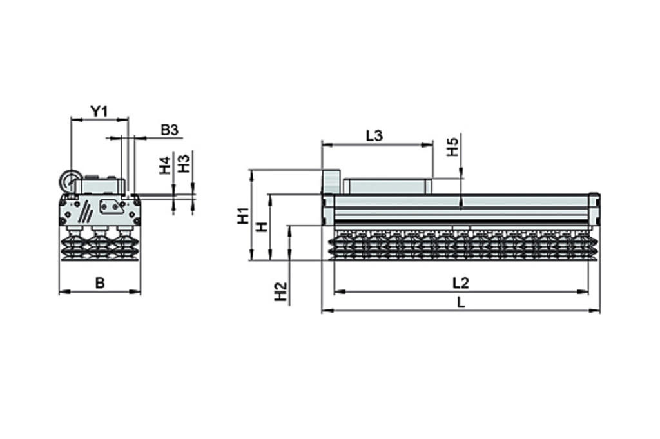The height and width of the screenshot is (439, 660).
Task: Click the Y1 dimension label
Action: [99, 111]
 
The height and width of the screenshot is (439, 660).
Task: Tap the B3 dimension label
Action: [169, 130]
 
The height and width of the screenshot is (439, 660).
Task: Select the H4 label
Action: [166, 165]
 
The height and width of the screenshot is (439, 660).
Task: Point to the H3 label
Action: [184, 163]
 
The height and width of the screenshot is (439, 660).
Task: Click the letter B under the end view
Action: [99, 282]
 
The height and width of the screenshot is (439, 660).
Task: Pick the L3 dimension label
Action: [374, 136]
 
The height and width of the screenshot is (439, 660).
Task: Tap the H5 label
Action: [453, 147]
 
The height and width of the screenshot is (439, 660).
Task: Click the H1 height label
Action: [243, 215]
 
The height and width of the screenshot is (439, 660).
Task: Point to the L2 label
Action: [460, 282]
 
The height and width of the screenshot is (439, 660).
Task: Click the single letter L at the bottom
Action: [460, 302]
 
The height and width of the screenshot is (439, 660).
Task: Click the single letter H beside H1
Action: [262, 226]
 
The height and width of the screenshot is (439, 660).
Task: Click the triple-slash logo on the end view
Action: [85, 210]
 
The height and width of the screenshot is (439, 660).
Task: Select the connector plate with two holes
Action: [112, 206]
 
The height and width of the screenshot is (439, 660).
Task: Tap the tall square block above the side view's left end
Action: [331, 181]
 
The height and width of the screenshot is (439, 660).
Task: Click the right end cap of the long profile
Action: [596, 209]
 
